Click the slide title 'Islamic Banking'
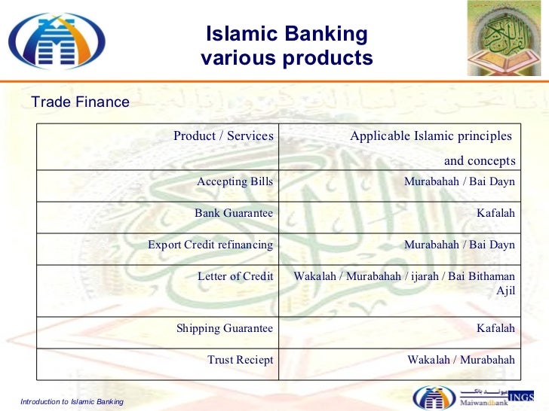(287, 35)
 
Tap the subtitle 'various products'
(287, 58)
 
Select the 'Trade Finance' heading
(80, 102)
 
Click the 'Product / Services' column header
(222, 136)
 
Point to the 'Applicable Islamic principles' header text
(430, 136)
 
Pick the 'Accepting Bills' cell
(235, 181)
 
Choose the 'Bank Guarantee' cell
(233, 213)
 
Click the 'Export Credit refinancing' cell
(210, 245)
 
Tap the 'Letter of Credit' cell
(235, 276)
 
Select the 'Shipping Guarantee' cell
(224, 328)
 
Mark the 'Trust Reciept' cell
(240, 361)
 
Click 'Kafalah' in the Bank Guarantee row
(495, 213)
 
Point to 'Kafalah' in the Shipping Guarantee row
(495, 328)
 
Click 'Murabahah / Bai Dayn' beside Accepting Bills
(459, 181)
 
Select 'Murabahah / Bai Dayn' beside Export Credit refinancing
(459, 245)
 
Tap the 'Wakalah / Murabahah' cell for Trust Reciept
(461, 361)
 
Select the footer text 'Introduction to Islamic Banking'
(72, 402)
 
